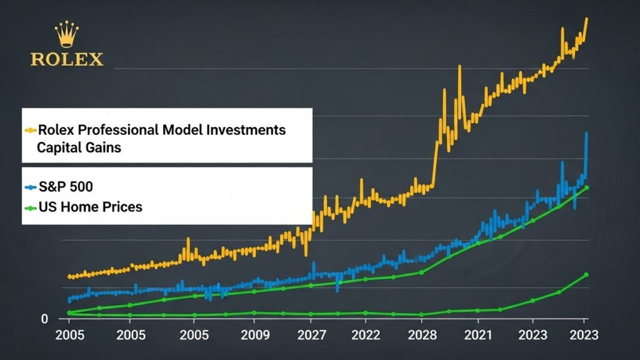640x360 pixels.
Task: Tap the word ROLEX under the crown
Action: click(67, 59)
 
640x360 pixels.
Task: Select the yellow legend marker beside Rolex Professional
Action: click(30, 131)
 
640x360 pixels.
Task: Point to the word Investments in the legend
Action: click(244, 130)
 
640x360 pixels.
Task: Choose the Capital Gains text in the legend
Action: click(79, 148)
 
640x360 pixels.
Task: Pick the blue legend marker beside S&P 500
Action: click(30, 187)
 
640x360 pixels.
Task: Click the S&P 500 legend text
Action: click(66, 186)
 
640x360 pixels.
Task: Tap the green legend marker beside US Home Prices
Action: click(30, 207)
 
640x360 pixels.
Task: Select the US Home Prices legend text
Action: click(90, 206)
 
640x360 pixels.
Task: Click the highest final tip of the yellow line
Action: click(587, 18)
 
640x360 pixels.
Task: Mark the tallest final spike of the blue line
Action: click(586, 133)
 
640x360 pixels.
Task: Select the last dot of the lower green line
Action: click(586, 274)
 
